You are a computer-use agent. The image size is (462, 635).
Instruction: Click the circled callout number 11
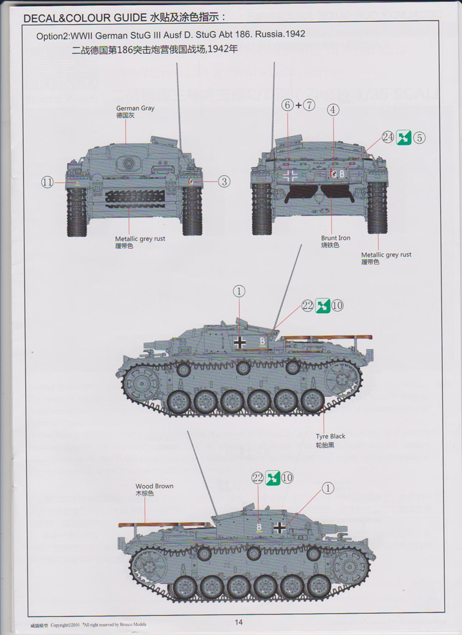pyautogui.click(x=47, y=182)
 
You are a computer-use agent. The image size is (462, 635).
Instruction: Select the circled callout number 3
pyautogui.click(x=223, y=182)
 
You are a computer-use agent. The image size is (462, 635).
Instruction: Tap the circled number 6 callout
pyautogui.click(x=287, y=105)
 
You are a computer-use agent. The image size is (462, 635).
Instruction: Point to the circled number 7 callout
pyautogui.click(x=309, y=105)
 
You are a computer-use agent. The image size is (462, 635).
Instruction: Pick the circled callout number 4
pyautogui.click(x=332, y=110)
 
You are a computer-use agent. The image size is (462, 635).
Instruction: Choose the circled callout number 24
pyautogui.click(x=387, y=137)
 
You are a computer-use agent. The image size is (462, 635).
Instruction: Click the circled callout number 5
pyautogui.click(x=420, y=137)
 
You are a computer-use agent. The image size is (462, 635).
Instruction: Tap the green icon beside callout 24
pyautogui.click(x=404, y=137)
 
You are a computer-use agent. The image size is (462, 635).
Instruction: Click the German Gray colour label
pyautogui.click(x=135, y=108)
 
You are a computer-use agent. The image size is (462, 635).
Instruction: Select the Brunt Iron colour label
pyautogui.click(x=336, y=238)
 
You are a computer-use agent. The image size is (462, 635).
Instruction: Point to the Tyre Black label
pyautogui.click(x=330, y=436)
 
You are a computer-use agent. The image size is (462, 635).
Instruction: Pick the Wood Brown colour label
pyautogui.click(x=154, y=486)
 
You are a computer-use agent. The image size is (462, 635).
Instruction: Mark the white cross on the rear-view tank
pyautogui.click(x=291, y=174)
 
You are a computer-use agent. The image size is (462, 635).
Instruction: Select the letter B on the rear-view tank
pyautogui.click(x=341, y=173)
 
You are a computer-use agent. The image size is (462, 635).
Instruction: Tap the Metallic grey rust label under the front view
pyautogui.click(x=141, y=239)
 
